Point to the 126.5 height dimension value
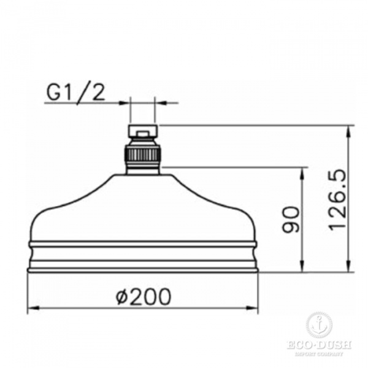pos(337,201)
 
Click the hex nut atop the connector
pos(142,131)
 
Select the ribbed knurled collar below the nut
pos(142,154)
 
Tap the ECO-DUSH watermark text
pos(320,345)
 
